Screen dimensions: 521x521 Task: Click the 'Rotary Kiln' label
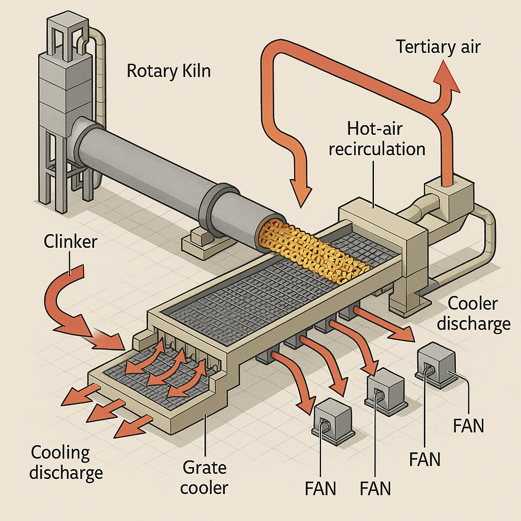(168, 71)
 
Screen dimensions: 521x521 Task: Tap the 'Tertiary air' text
(438, 47)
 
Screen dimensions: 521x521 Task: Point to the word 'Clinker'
(70, 241)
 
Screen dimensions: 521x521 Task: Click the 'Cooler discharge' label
(478, 313)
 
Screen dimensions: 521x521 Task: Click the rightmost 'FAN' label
(469, 425)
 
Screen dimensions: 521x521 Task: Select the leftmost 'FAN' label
(321, 489)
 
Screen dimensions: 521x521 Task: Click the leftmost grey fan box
(335, 416)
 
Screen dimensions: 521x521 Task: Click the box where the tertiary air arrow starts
(448, 196)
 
